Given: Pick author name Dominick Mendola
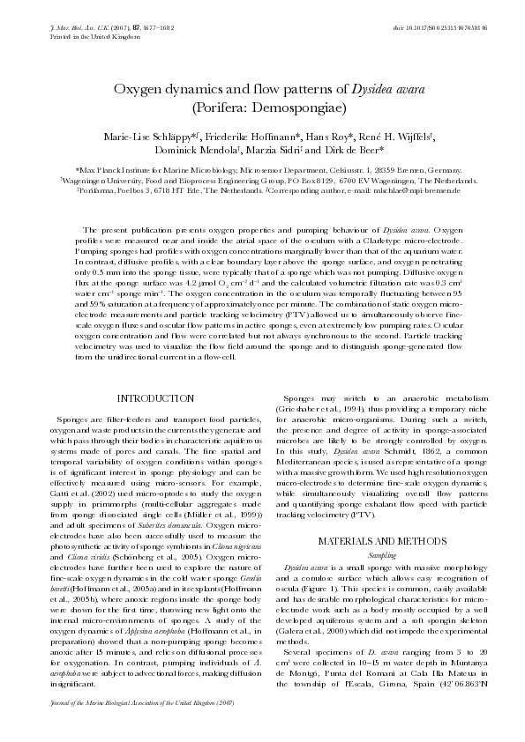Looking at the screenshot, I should [x=190, y=151].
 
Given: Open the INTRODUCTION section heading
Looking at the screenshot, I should [x=155, y=399].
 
